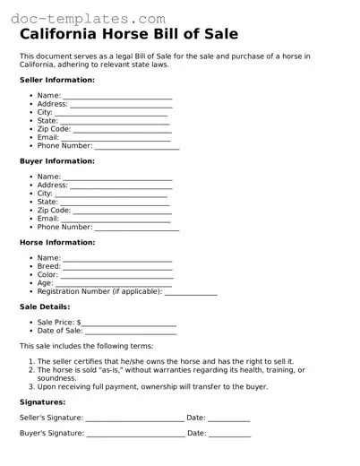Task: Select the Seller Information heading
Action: point(57,80)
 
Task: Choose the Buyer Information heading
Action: point(56,161)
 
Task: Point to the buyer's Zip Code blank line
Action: point(122,211)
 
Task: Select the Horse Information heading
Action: point(57,242)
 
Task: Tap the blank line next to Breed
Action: point(117,266)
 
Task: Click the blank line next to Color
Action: point(116,275)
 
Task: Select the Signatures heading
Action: point(42,402)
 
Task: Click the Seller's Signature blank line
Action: point(134,418)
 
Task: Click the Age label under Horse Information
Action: point(45,283)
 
